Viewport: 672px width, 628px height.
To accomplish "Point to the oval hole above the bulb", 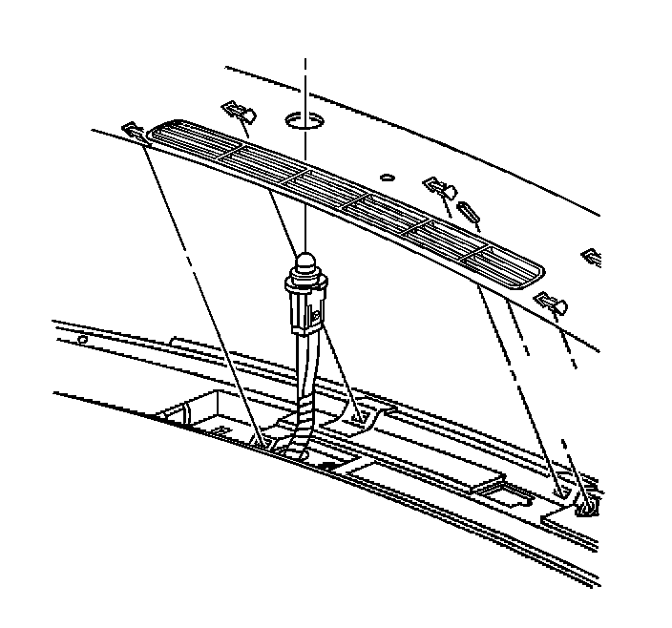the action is [304, 120].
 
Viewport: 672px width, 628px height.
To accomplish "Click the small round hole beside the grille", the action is [385, 177].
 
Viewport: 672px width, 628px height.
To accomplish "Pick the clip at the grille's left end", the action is [133, 129].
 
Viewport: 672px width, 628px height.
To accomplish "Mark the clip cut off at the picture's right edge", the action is [592, 256].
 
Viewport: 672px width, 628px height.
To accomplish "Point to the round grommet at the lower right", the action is [585, 507].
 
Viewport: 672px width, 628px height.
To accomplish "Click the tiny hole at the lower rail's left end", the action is [83, 339].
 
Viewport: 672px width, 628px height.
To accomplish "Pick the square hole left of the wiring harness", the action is [261, 440].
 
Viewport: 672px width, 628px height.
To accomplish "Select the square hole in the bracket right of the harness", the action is [359, 417].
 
